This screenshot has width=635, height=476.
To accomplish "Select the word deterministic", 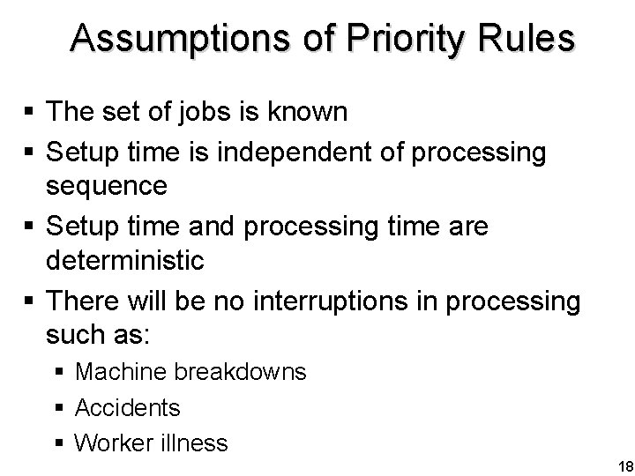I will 127,262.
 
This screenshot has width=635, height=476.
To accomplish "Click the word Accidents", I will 128,407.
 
